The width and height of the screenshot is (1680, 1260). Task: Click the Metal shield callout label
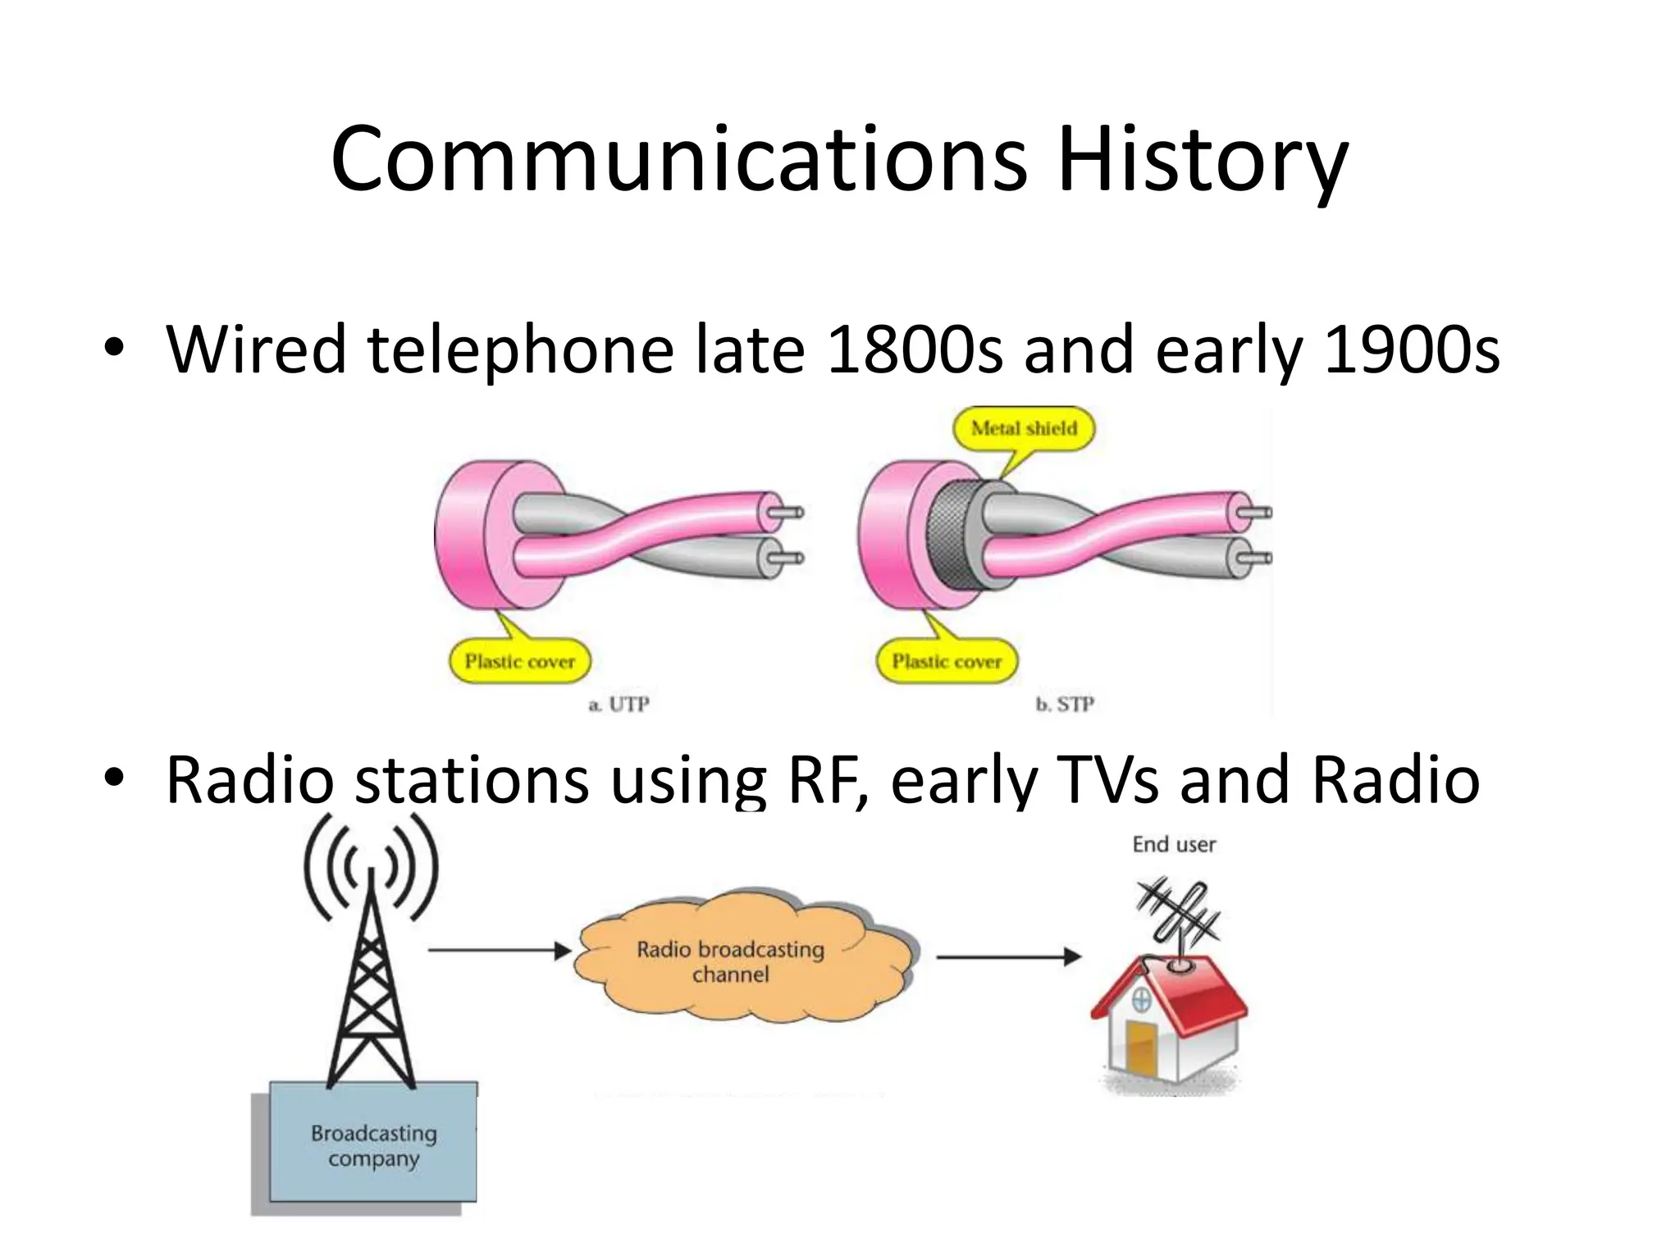(x=1024, y=428)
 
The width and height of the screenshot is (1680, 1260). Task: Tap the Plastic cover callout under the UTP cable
(x=519, y=661)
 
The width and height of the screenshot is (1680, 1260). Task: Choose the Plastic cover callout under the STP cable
(x=947, y=661)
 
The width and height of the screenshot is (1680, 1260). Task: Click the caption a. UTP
(x=619, y=705)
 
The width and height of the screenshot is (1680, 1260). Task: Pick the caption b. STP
(x=1065, y=705)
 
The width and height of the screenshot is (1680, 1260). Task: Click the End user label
(x=1174, y=844)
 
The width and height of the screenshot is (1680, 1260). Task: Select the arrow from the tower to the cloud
(x=499, y=951)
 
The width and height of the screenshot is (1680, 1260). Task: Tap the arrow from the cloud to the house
(x=1007, y=956)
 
